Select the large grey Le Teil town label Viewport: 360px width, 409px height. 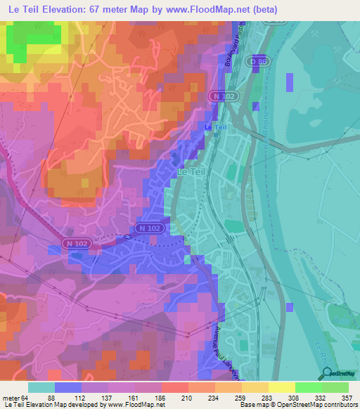(x=191, y=171)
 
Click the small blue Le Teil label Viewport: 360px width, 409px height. (x=215, y=126)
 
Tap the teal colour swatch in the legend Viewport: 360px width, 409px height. (x=41, y=387)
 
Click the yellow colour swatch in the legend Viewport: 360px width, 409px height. (x=281, y=387)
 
